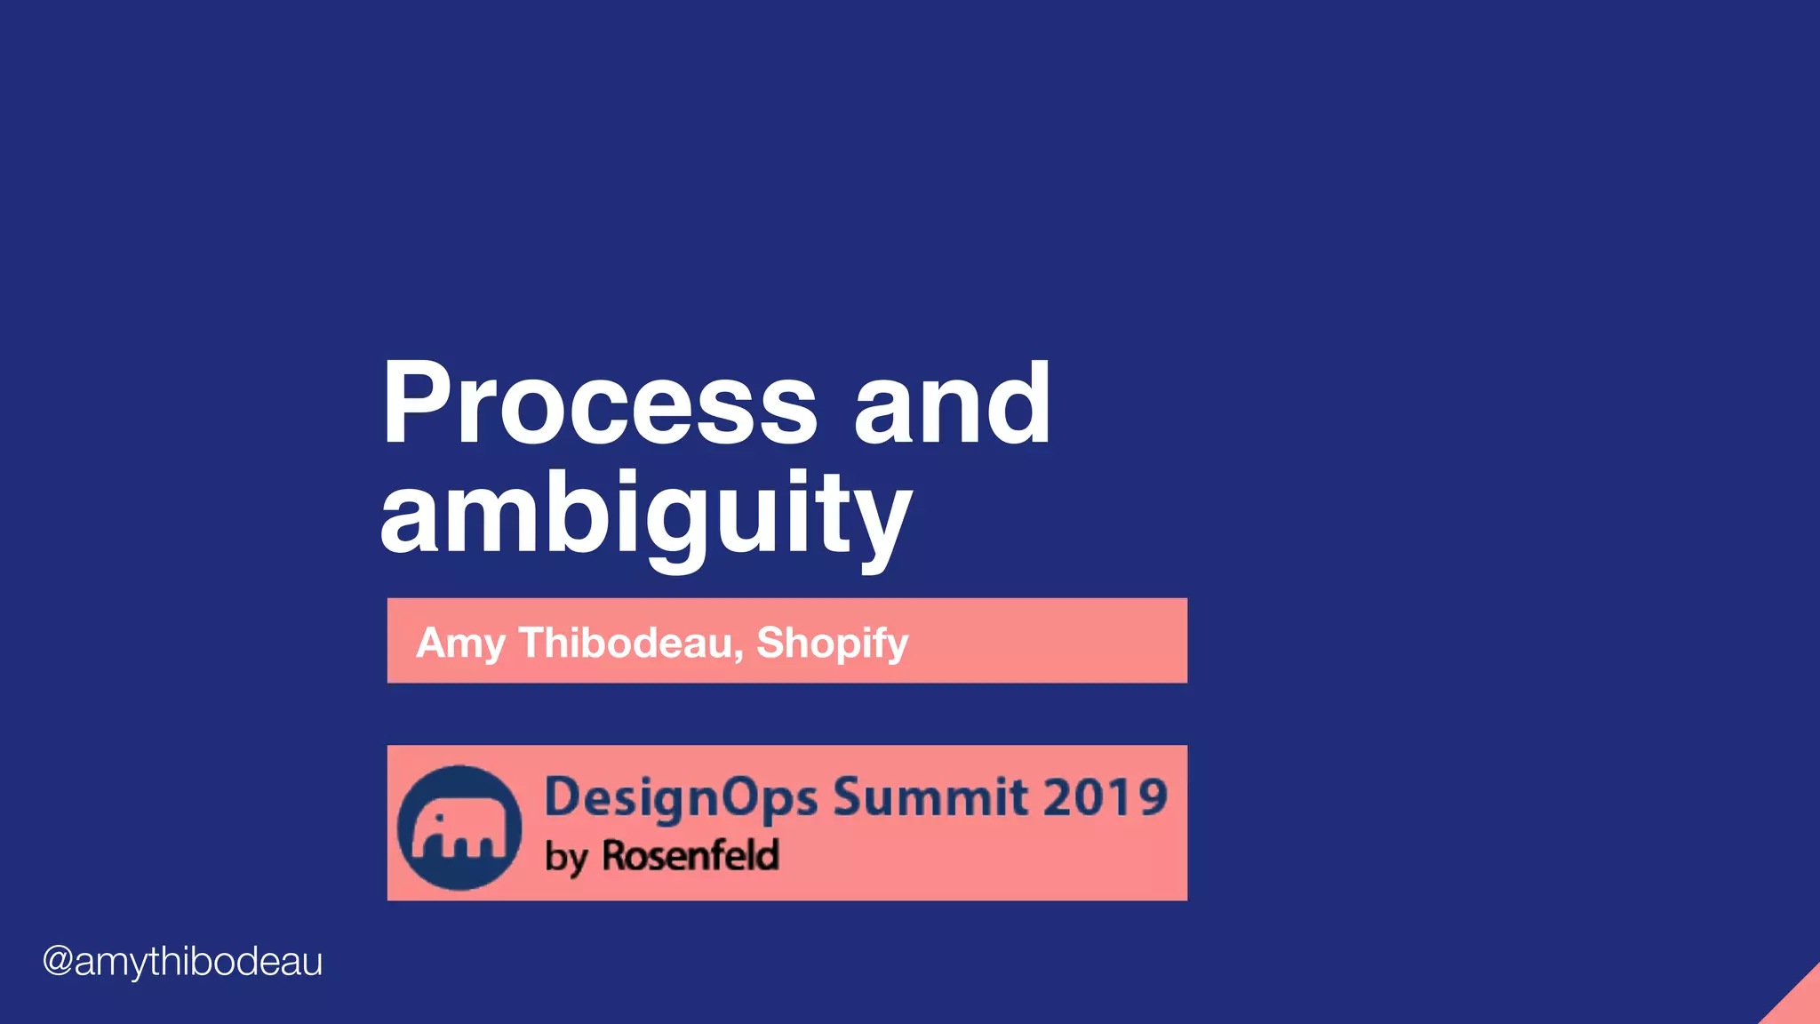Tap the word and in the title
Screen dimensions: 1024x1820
pos(952,404)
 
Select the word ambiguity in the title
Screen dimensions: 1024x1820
pos(646,516)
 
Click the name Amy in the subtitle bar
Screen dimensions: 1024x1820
pos(460,643)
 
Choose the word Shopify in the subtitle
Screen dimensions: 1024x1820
pos(832,643)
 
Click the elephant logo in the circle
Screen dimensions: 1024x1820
pos(459,828)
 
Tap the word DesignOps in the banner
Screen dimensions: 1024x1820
pos(681,797)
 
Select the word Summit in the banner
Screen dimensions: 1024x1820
pos(930,796)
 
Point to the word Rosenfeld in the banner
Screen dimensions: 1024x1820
pos(690,855)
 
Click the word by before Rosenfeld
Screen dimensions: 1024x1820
pos(566,858)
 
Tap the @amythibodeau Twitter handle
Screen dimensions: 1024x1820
pos(183,962)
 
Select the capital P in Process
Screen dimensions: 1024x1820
pos(417,404)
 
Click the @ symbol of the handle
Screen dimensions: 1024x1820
pos(58,962)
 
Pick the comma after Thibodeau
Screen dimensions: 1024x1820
pos(739,656)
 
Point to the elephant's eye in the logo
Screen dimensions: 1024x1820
pos(438,816)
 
